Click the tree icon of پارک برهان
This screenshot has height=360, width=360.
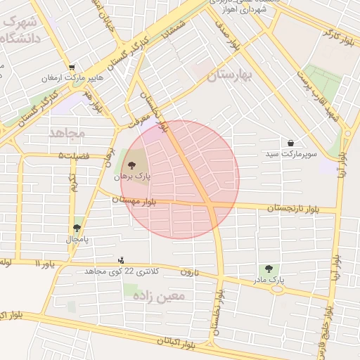131,165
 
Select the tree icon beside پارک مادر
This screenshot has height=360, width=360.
269,269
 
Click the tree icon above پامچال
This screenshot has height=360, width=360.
77,228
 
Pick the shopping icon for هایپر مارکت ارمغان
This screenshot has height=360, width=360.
72,68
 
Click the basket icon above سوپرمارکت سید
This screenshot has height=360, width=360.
290,143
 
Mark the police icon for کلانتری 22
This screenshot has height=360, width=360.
121,260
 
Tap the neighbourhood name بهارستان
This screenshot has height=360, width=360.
230,76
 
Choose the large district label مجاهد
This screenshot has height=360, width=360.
67,132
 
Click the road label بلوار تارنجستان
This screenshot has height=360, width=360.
293,208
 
